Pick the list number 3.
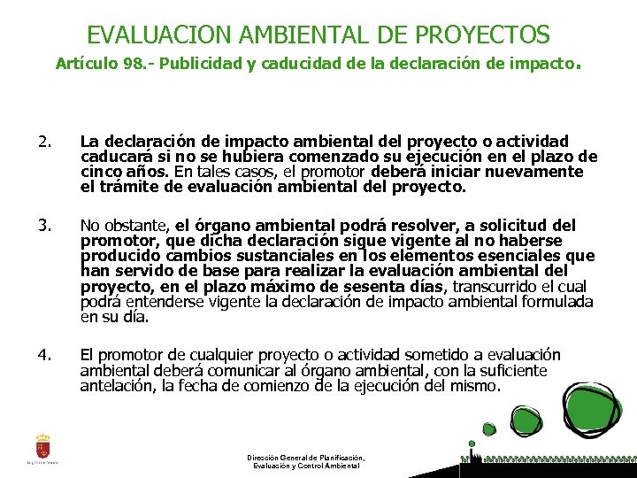click(x=45, y=226)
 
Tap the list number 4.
click(x=45, y=355)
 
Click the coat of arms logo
click(x=42, y=445)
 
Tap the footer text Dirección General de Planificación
click(x=306, y=458)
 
